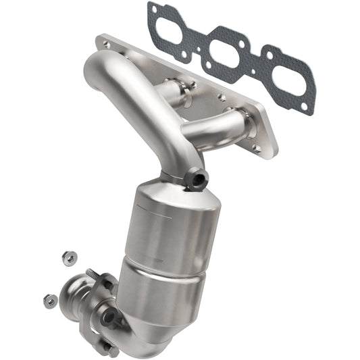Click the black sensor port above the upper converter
click(x=197, y=177)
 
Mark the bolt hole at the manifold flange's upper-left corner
click(x=106, y=43)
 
